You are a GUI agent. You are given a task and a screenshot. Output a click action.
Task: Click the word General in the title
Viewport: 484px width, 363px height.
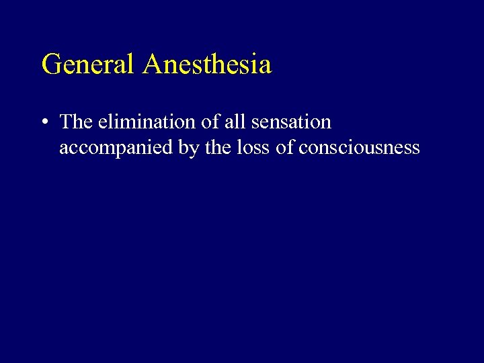89,65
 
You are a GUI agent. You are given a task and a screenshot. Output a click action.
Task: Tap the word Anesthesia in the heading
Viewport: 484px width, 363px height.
208,65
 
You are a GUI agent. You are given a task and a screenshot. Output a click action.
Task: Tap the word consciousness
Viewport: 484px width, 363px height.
359,147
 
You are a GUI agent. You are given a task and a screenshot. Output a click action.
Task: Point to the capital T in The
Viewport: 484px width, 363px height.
66,122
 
